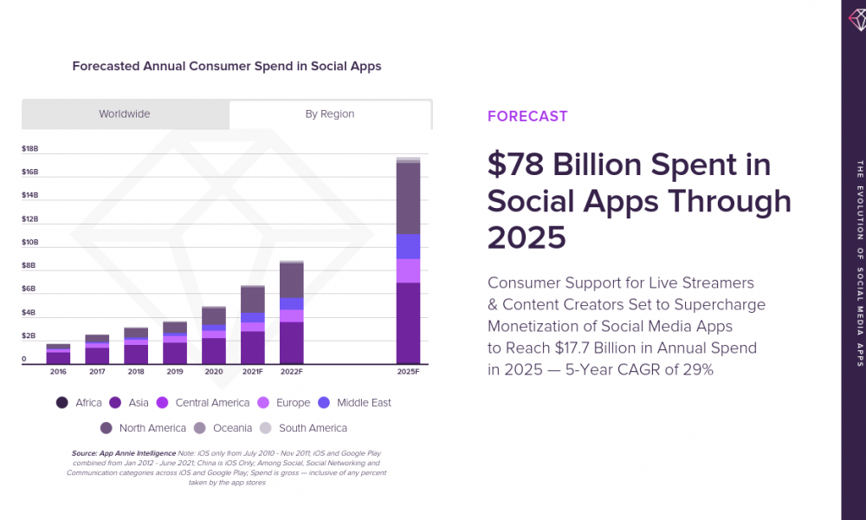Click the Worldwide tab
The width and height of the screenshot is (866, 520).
click(x=125, y=114)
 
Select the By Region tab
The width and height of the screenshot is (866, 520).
click(x=330, y=114)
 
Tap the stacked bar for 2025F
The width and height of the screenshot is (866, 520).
click(x=408, y=260)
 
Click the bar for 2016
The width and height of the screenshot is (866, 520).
click(x=58, y=354)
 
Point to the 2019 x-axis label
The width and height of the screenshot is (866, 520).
click(x=175, y=372)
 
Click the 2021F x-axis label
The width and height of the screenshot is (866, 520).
click(x=253, y=372)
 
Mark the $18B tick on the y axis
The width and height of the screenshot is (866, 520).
click(x=29, y=149)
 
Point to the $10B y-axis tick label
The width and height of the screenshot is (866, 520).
click(x=29, y=242)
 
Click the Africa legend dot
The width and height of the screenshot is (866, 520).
click(x=62, y=403)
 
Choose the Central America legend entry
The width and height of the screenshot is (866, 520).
click(x=204, y=403)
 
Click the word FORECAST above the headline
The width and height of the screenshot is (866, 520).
click(x=527, y=116)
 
